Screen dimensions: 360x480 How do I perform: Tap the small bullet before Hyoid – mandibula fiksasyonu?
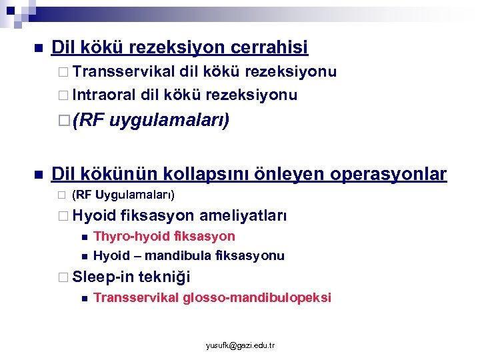click(83, 256)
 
